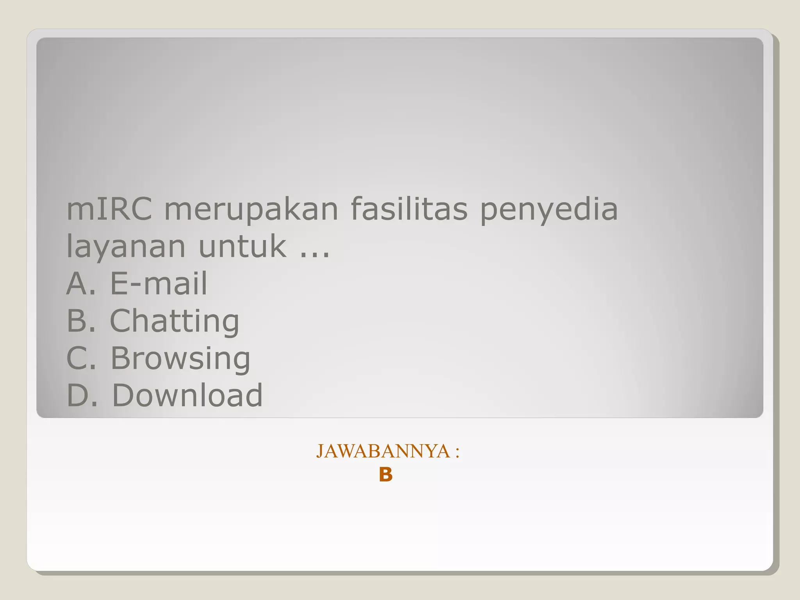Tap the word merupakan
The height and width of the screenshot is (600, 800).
(251, 210)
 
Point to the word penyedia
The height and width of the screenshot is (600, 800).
(548, 210)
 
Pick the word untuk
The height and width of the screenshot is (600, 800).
(243, 246)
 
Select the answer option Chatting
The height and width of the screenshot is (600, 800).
(174, 321)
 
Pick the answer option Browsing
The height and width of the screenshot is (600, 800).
(180, 358)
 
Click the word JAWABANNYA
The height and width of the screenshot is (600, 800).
(383, 451)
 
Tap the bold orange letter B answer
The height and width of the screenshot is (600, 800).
(386, 475)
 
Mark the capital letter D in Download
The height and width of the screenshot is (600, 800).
(122, 395)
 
